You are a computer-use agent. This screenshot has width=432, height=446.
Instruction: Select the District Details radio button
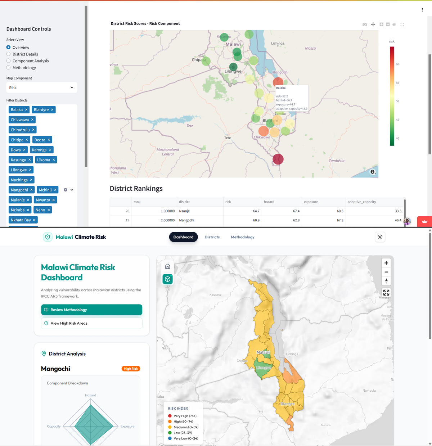pos(9,54)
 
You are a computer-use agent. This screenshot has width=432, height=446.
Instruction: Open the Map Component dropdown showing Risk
pos(42,87)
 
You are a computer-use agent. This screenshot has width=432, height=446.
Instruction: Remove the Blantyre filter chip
pos(52,110)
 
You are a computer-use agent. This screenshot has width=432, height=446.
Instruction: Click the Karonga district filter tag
pos(39,150)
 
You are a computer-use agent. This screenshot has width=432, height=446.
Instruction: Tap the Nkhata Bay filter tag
pos(21,220)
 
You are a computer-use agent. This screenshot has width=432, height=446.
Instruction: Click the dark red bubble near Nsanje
pos(278,159)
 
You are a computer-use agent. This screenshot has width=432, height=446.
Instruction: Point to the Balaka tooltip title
pos(281,88)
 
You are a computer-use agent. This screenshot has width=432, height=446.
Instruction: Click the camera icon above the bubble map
pos(365,24)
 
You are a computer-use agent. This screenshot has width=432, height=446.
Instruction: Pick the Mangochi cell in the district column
pos(186,220)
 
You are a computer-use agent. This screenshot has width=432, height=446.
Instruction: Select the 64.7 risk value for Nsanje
pos(256,211)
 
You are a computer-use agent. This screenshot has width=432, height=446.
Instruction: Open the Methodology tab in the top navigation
pos(243,237)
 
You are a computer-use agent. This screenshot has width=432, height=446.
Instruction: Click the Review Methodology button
pos(91,310)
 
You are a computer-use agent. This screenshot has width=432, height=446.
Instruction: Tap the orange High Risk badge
pos(131,369)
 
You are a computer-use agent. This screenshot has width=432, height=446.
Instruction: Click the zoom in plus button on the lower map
pos(386,263)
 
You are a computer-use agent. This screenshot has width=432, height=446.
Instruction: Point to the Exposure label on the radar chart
pos(127,427)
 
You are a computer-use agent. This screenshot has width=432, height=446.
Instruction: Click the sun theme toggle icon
pos(380,237)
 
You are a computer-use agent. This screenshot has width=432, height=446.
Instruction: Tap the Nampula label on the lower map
pos(369,391)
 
